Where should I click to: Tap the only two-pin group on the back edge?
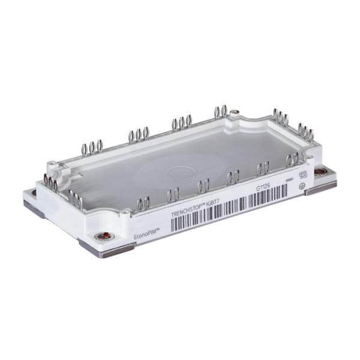[x=220, y=111]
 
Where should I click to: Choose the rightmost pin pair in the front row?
[x=293, y=160]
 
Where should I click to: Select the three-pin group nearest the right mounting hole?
[x=305, y=131]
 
